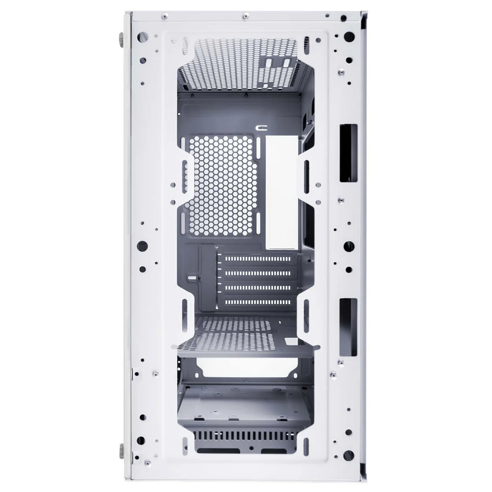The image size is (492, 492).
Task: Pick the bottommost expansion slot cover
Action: coord(259,302)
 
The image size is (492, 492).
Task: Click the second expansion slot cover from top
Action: coord(259,273)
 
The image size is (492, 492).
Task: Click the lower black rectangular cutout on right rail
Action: coord(348,327)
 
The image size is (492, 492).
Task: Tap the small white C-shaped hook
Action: coord(262,128)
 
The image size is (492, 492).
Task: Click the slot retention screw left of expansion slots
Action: coord(199,278)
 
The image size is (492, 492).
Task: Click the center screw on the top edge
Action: coord(246,16)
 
